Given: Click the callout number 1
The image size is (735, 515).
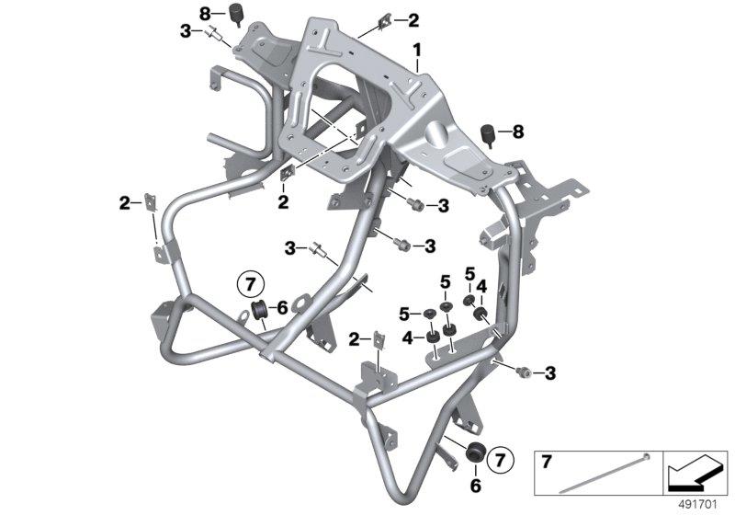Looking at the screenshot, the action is click(x=417, y=51).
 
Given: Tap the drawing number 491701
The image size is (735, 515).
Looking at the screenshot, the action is click(x=698, y=505).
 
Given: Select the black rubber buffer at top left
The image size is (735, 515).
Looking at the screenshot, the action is click(x=235, y=13).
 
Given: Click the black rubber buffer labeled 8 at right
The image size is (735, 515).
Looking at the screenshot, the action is click(x=489, y=134).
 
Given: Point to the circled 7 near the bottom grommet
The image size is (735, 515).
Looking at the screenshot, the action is click(x=501, y=460).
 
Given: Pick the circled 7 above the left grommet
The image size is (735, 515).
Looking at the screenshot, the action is click(x=251, y=285).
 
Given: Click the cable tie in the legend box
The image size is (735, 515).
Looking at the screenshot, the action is click(x=605, y=473).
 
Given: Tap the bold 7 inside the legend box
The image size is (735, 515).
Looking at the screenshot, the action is click(x=547, y=462).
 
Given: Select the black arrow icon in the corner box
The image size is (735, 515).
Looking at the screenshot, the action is click(x=695, y=473).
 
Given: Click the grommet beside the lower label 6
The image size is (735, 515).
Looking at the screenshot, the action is click(x=474, y=452).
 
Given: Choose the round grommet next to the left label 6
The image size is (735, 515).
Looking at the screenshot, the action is click(x=259, y=310).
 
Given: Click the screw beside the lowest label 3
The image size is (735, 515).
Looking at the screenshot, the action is click(x=523, y=372).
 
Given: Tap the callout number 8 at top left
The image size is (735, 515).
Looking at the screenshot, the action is click(x=205, y=15).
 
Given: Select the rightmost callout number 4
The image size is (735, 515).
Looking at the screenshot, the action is click(x=481, y=287).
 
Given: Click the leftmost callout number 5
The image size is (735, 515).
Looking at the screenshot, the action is click(x=404, y=314).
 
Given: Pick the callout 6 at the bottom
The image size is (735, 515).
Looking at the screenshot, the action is click(x=475, y=486).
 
